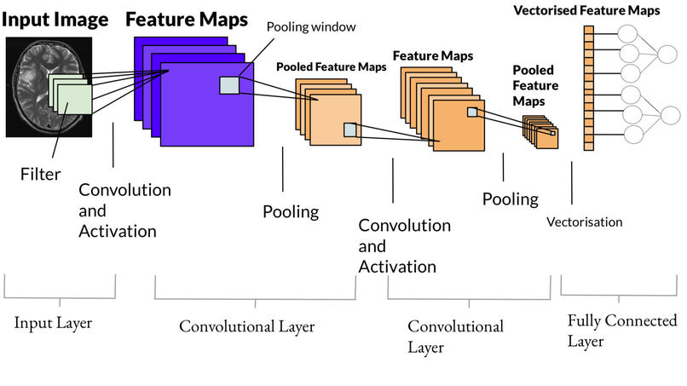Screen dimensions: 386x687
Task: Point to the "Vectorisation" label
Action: click(584, 222)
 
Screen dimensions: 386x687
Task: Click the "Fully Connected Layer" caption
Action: click(621, 331)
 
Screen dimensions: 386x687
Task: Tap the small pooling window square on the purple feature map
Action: click(230, 84)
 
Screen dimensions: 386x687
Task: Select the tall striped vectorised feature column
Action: click(588, 87)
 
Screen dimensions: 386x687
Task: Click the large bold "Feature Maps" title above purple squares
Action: click(187, 19)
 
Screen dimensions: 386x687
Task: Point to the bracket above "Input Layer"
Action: click(60, 290)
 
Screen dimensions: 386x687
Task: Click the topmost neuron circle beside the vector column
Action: click(628, 34)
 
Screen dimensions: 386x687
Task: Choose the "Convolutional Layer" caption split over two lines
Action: click(455, 337)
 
